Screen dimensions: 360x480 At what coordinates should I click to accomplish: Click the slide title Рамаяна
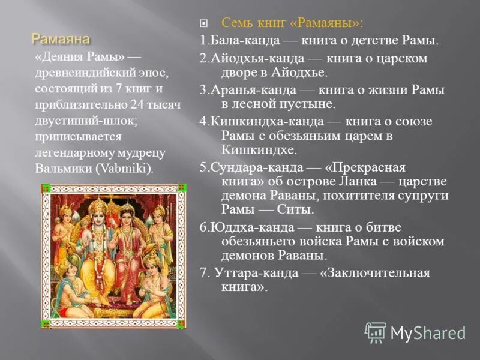pos(61,40)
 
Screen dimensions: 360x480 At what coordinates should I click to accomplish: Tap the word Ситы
pos(295,210)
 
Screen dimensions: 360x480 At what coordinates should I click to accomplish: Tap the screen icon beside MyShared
pos(376,332)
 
